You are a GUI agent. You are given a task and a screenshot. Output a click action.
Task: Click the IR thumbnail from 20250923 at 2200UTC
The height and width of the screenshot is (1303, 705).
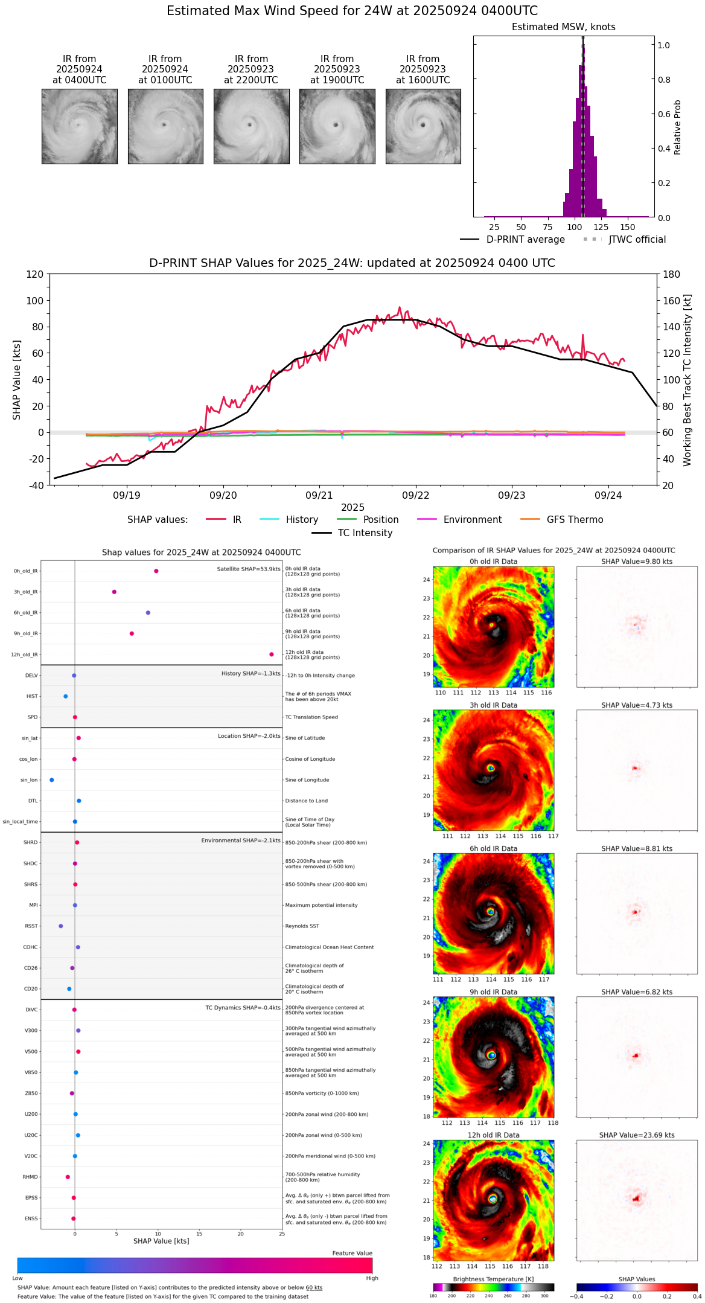coord(251,126)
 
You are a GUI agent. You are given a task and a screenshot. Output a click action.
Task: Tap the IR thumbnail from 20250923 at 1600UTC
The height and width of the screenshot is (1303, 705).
coord(423,126)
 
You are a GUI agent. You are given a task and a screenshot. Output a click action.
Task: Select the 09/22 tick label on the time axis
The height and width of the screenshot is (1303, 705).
coord(415,496)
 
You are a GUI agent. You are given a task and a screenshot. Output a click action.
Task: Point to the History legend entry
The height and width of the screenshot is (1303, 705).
coord(302,520)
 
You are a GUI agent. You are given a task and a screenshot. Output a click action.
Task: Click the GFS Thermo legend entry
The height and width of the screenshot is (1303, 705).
coord(575,520)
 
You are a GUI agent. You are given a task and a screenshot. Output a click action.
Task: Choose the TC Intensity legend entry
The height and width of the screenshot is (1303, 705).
coord(365,533)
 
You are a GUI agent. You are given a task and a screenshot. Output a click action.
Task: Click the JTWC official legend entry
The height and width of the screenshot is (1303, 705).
coord(637,240)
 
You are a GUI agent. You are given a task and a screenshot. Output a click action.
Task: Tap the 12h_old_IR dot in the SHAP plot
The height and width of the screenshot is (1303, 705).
coord(272,655)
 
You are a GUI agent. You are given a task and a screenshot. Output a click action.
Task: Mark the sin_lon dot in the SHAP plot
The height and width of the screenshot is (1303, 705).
coord(52,780)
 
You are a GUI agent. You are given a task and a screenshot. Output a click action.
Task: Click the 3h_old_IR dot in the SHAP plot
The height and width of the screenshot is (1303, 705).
coord(114,592)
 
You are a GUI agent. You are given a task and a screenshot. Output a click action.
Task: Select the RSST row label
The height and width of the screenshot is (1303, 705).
coord(31,926)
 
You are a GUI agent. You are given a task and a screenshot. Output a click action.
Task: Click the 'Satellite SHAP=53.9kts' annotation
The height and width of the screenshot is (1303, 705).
coord(249,569)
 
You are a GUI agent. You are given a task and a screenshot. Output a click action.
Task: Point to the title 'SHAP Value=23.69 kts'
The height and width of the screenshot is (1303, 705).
coord(637,1135)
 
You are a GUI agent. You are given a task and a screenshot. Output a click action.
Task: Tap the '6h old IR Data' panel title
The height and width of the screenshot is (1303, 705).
coord(493,848)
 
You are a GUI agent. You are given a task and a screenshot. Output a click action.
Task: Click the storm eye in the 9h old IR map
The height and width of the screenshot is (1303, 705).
coord(492,1055)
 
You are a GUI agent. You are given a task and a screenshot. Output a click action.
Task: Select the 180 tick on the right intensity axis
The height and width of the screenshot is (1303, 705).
coord(672,275)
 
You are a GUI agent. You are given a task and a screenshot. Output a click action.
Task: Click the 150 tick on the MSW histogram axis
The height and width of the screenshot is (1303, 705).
coord(628,228)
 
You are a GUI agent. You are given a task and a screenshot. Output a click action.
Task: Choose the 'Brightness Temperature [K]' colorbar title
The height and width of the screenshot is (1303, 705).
coord(493,1279)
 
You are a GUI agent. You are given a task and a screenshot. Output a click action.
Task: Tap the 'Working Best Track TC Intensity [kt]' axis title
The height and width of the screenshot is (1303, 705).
coord(687,380)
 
